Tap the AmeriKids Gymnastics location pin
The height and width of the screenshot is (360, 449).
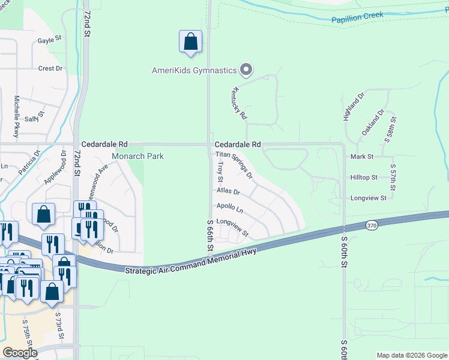(246, 71)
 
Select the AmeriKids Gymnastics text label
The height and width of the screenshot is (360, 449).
(194, 71)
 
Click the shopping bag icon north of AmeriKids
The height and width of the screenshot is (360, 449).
(190, 42)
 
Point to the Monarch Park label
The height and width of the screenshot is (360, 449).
(138, 156)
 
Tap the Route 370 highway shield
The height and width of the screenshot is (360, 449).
(372, 225)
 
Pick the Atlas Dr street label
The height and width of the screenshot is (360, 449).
(228, 192)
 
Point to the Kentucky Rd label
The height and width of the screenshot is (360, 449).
(238, 103)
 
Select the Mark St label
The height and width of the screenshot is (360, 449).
(362, 156)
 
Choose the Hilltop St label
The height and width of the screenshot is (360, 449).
(364, 178)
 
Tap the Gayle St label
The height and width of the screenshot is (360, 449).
(50, 40)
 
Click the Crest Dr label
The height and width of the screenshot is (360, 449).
(50, 68)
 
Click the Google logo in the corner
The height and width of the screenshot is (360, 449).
(20, 352)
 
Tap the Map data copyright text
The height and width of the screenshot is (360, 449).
(411, 355)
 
